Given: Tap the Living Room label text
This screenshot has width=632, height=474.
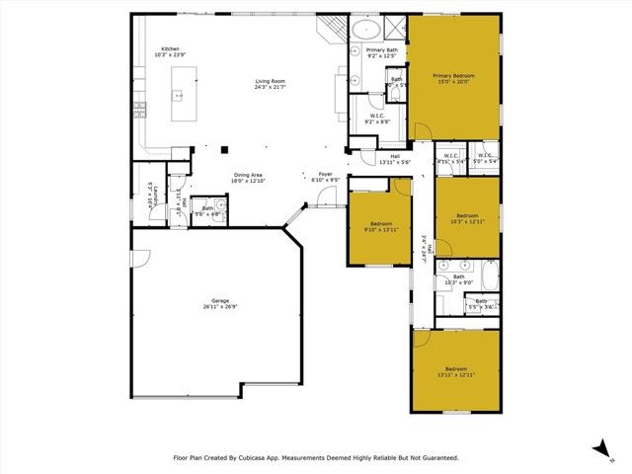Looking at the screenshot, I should coord(270,81).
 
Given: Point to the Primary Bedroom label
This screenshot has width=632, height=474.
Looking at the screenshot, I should coord(455,75).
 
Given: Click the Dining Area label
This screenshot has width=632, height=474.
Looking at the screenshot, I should coord(221,174).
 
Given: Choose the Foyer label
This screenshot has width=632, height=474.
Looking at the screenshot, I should coord(325,174).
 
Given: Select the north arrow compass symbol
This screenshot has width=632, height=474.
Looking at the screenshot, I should coord(601,449).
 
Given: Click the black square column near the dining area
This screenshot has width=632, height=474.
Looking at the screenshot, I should coord(225,150).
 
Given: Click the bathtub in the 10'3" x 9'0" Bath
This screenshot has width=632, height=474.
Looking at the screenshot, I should coord(489,272).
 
